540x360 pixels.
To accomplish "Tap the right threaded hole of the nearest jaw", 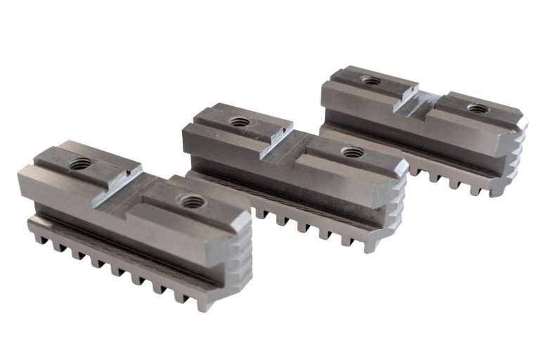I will (190, 201).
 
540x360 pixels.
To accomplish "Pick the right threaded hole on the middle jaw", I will (350, 151).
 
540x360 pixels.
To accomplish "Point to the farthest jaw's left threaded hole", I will (371, 81).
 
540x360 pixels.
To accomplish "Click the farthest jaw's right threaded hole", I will (477, 109).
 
